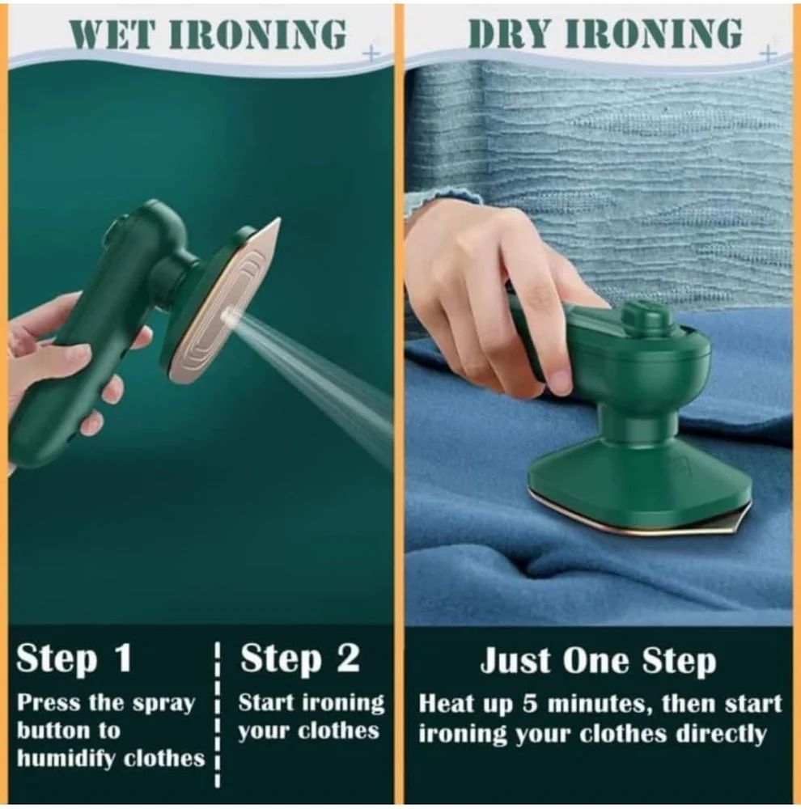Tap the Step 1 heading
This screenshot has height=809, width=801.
(x=74, y=659)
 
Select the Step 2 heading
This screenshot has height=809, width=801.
(x=299, y=659)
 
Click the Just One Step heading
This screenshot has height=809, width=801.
(x=598, y=661)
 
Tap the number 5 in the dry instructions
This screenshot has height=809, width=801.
(x=529, y=704)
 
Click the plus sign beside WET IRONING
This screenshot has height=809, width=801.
(x=371, y=53)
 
